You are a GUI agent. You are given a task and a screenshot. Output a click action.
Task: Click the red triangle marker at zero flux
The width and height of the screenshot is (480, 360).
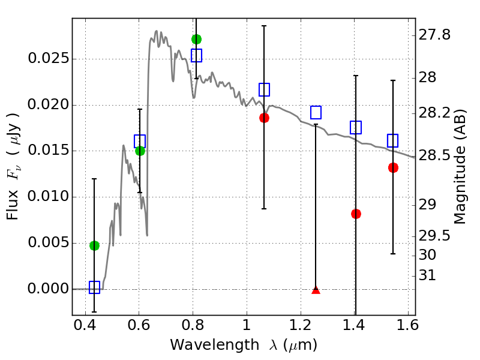316,290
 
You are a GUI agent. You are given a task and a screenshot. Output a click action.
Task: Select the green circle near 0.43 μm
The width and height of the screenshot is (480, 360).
94,245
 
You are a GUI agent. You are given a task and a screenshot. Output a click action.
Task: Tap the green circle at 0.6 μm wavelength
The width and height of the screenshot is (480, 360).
140,151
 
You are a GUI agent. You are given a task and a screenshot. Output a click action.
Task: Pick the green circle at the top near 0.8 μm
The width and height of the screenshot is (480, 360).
197,39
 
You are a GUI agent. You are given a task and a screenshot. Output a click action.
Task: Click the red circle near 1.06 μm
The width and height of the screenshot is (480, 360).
264,118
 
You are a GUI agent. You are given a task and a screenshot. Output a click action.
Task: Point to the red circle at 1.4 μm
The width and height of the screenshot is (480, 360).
356,214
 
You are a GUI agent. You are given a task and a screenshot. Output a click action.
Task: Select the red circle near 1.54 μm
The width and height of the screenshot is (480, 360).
393,168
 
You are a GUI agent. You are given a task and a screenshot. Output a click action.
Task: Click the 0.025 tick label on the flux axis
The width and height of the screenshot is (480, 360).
49,58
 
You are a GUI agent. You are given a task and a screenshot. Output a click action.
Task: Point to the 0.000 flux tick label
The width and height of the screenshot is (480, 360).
49,289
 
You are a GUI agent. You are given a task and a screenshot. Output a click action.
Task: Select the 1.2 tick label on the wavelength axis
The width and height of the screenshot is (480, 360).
301,325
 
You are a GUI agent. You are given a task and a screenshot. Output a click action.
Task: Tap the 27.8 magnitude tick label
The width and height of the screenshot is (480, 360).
434,35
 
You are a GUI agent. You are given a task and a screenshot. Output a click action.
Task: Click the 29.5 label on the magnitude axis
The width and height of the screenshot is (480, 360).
434,236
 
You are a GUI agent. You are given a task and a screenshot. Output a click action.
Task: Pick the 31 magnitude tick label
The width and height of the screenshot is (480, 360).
427,275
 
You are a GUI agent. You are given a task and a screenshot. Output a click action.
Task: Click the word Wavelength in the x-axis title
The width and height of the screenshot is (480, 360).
215,345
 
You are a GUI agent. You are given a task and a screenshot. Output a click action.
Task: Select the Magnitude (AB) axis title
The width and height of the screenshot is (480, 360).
459,167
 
